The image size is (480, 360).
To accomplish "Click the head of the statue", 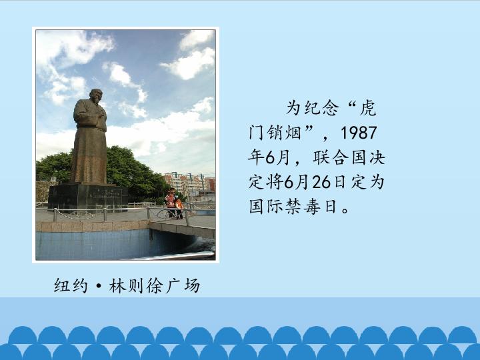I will pos(96,96).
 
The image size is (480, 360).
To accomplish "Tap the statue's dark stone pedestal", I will pos(88,197).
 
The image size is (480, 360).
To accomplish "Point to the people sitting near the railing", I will pos(173,204).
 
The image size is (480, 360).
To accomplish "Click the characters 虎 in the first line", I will pos(367,108).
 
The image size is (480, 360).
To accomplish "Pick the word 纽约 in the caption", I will pos(71,286).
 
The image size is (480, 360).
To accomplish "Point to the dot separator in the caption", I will pos(98,287).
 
